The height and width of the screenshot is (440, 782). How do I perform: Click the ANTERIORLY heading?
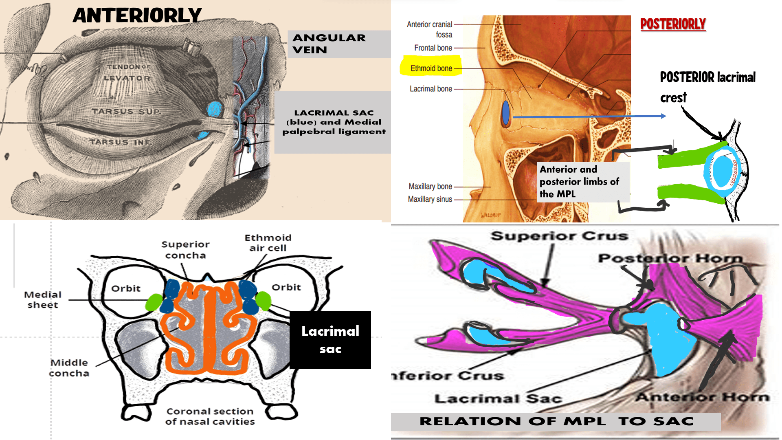[x=137, y=15]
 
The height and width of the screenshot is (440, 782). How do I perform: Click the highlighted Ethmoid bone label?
[x=431, y=68]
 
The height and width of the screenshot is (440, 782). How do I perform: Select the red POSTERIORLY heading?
[x=673, y=24]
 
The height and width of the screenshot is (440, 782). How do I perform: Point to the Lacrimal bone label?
[x=431, y=89]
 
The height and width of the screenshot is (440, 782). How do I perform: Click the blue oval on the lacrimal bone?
[x=505, y=113]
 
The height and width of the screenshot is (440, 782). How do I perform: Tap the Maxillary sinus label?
[x=430, y=199]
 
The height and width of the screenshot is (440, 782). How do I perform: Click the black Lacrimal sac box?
[x=330, y=340]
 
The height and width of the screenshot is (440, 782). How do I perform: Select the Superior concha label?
[x=185, y=250]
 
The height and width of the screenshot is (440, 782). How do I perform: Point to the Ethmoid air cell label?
[x=268, y=243]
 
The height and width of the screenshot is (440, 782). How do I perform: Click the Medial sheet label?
[x=43, y=300]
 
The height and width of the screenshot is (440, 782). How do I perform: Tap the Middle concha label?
[x=69, y=368]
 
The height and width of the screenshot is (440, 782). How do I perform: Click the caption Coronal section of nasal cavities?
[x=210, y=416]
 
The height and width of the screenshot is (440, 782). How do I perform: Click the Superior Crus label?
[x=559, y=236]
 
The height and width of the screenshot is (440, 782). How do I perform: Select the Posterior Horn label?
[x=670, y=258]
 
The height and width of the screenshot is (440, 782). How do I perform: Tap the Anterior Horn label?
[x=702, y=397]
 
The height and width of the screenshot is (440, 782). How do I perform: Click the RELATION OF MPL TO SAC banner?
[x=556, y=421]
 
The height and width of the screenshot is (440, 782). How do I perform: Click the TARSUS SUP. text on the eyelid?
[x=126, y=111]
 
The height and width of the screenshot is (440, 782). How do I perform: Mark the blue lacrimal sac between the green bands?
[x=723, y=171]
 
